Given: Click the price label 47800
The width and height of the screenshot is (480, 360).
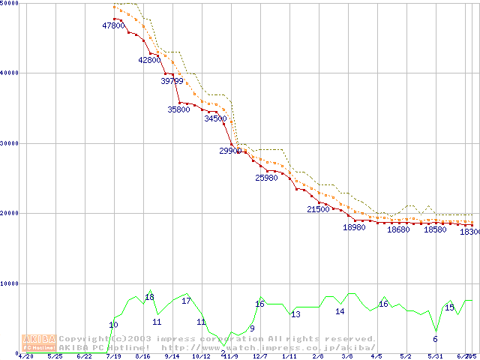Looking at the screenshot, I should (113, 25).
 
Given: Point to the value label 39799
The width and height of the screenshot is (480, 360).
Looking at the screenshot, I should (172, 81).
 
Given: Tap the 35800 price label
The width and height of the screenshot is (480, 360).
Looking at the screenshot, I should (178, 109).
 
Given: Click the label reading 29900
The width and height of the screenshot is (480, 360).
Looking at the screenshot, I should (230, 151).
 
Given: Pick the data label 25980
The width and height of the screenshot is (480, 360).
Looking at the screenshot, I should (266, 178).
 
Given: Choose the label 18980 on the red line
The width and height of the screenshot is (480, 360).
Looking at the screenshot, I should (354, 227).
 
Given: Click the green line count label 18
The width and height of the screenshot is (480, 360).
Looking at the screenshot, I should (149, 298).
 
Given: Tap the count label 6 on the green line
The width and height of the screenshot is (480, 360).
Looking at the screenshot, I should (435, 339).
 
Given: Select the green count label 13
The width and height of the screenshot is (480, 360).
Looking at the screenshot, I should (295, 314).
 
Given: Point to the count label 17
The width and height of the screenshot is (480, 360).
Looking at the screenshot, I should (186, 301).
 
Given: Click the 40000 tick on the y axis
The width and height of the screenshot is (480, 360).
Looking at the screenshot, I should (10, 73).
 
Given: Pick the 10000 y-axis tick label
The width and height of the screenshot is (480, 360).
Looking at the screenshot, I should (10, 283).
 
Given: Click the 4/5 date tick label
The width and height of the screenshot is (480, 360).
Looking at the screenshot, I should (376, 356).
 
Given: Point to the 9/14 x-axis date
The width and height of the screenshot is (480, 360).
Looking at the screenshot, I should (172, 356).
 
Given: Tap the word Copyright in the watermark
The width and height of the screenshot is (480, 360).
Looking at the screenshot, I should (85, 339).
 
